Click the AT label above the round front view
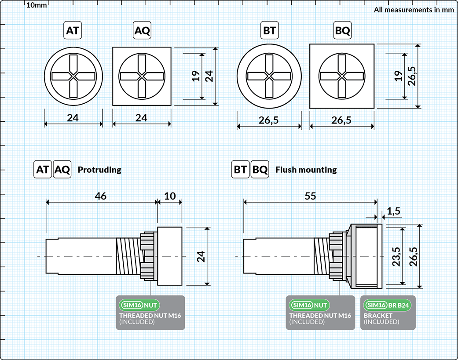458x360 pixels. coord(73,31)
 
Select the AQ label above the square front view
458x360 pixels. coord(142,31)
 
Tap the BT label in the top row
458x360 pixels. coord(269,31)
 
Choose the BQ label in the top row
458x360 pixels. coord(342,31)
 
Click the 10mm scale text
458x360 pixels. coord(36,5)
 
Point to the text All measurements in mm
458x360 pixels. coord(413,10)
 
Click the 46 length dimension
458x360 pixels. coord(101,196)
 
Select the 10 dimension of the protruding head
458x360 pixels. coord(169,196)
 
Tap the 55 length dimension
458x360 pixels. coord(310,196)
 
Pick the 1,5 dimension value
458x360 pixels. coord(394,211)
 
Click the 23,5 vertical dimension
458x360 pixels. coord(395,256)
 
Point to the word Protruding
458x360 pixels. coord(99,170)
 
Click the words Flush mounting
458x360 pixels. coord(306,170)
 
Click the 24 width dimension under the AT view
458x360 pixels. coord(73,118)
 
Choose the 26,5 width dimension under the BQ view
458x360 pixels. coord(342,120)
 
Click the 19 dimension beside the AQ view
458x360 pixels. coord(196,76)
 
